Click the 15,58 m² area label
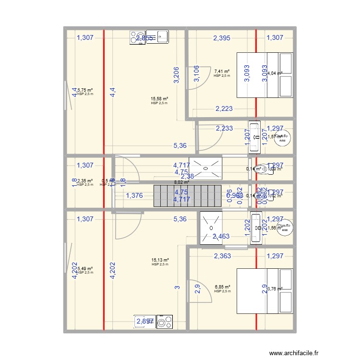point(159,98)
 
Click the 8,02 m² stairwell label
point(181,182)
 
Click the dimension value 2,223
point(224,109)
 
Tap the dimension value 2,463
point(221,236)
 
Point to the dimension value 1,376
point(134,195)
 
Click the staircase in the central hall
point(187,196)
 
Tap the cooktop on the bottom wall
point(164,322)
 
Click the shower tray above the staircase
point(205,168)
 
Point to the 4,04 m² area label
point(275,73)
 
